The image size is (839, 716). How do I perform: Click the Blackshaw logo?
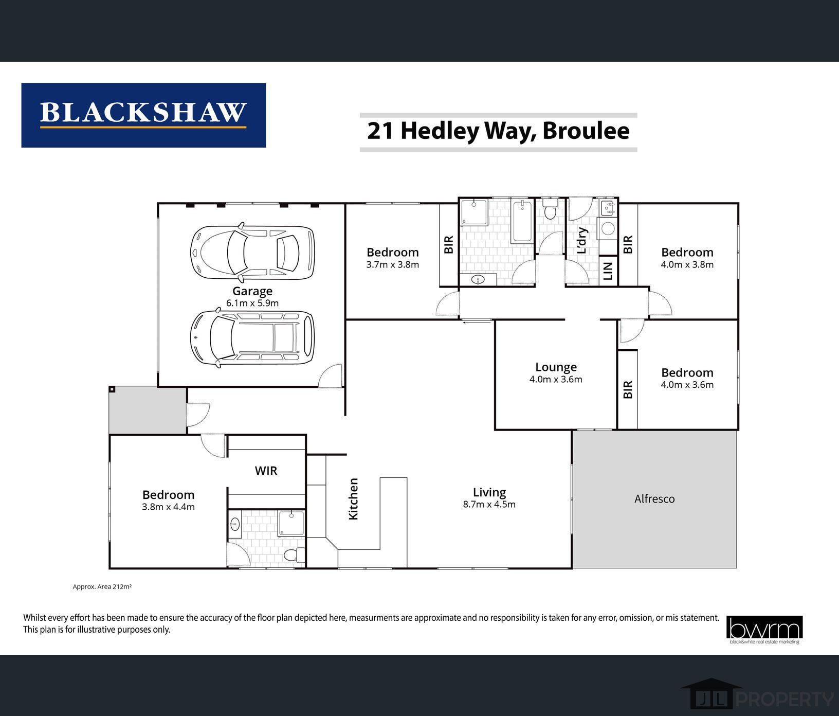tap(143, 115)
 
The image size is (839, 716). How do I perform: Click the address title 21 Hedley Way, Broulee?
tap(498, 131)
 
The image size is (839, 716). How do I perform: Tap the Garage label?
tap(252, 291)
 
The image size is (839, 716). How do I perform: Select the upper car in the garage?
tap(252, 252)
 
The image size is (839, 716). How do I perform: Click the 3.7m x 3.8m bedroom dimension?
tap(393, 265)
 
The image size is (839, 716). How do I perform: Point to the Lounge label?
tap(556, 367)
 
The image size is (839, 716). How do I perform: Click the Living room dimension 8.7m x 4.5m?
tap(489, 505)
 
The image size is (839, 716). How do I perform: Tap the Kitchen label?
tap(354, 499)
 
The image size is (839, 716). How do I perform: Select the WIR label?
tap(266, 471)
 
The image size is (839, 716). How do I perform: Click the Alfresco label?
tap(654, 499)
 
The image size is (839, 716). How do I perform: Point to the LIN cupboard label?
tap(608, 271)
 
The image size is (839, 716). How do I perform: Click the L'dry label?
tap(582, 240)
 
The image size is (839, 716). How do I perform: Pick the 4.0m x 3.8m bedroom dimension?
tap(687, 265)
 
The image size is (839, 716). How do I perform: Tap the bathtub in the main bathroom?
tap(523, 221)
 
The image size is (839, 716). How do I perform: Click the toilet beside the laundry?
tap(550, 211)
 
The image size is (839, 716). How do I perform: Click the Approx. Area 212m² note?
tap(102, 586)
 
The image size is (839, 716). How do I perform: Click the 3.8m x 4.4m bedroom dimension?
tap(168, 507)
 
